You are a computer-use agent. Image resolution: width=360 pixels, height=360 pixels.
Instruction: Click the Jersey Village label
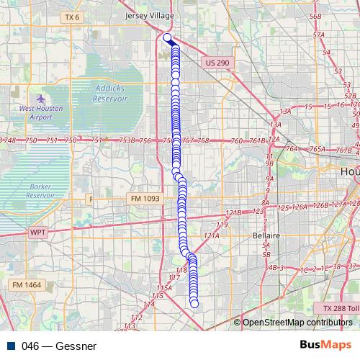click(x=150, y=14)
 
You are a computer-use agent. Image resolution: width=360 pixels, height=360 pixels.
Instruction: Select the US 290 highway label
click(x=217, y=63)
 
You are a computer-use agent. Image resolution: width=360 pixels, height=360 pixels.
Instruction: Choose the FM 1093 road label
click(x=146, y=198)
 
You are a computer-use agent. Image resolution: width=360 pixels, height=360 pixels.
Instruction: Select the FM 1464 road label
click(x=27, y=285)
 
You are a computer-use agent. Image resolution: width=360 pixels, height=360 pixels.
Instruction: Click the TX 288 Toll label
click(x=340, y=308)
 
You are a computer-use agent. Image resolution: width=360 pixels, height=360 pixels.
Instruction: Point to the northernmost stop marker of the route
click(x=167, y=37)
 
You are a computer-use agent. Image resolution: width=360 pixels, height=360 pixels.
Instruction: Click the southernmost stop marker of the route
click(x=194, y=304)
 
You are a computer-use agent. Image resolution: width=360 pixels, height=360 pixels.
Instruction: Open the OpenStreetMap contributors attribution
click(x=297, y=323)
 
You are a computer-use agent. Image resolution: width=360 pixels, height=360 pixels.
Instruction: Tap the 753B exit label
click(x=127, y=140)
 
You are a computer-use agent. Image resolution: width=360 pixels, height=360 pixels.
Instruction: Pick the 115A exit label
click(x=163, y=287)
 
